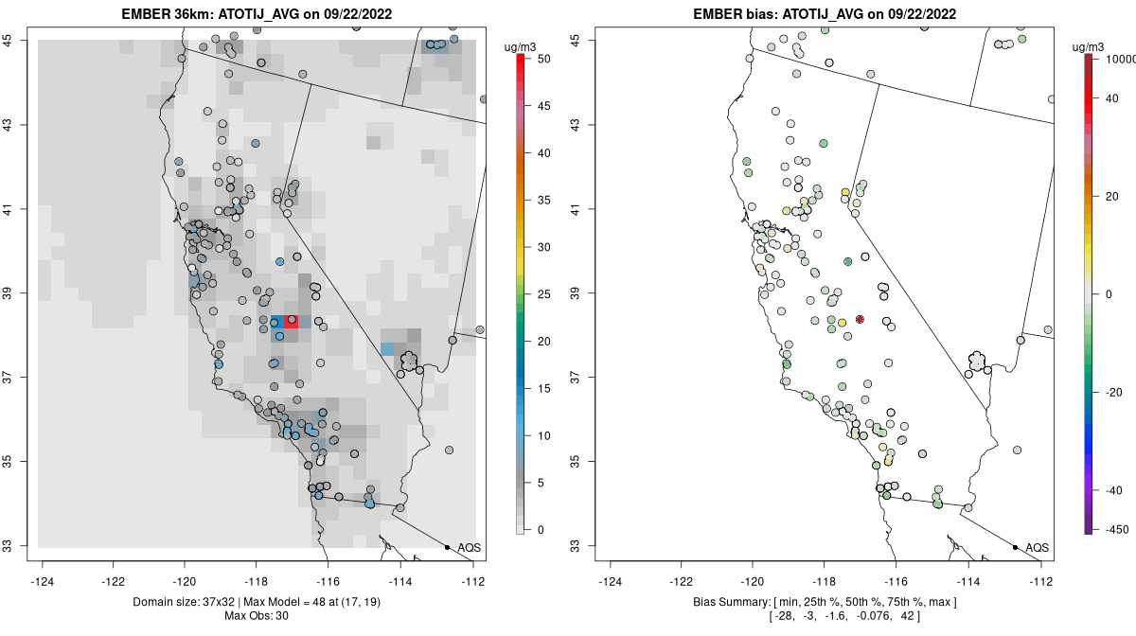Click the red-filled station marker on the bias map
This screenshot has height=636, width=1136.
coord(860,320)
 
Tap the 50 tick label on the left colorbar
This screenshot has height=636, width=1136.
coord(543,59)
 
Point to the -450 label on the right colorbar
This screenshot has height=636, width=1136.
coord(1114,529)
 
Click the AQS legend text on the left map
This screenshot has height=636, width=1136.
coord(469,547)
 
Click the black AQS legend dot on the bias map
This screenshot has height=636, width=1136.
coord(1015,547)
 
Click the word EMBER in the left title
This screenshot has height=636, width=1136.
coord(143,14)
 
